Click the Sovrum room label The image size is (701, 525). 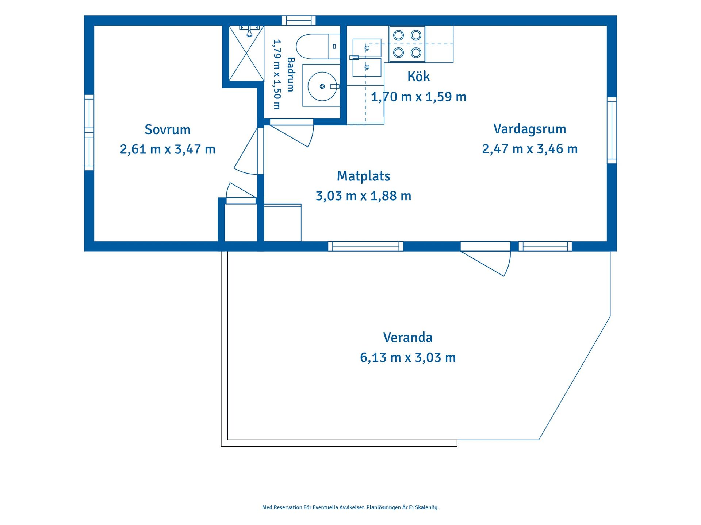tap(168, 129)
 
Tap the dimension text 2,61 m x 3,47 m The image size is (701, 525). tap(168, 149)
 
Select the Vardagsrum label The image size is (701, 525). tap(530, 129)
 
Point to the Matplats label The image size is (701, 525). tap(363, 176)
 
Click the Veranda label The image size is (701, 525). tap(408, 337)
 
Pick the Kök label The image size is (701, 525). tap(418, 77)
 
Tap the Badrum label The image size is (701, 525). tap(291, 74)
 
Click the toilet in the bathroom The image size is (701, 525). tap(318, 46)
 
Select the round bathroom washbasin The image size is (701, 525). tap(322, 86)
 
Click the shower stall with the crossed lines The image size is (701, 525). tap(246, 53)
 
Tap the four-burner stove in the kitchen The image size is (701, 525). tap(407, 44)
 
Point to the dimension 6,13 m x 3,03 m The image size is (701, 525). tap(408, 357)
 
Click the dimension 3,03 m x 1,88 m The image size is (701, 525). tap(363, 196)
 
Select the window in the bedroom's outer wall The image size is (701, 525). tap(89, 132)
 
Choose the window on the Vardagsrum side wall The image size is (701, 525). tap(612, 130)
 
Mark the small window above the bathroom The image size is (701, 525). tap(299, 20)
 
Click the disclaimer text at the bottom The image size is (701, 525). tap(350, 507)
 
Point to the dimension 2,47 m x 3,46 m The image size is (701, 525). tap(530, 149)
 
